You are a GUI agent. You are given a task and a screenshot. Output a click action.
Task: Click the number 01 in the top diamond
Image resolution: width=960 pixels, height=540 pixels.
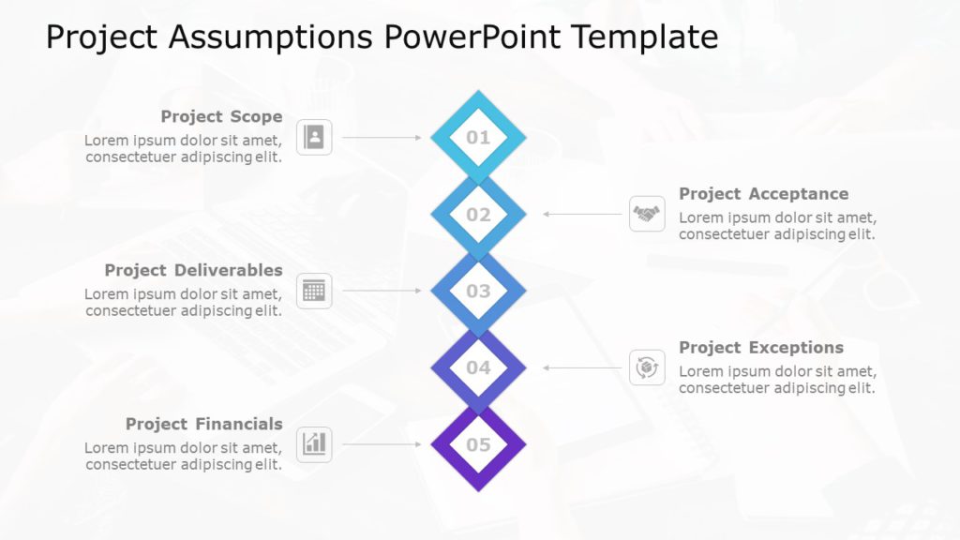click(x=478, y=138)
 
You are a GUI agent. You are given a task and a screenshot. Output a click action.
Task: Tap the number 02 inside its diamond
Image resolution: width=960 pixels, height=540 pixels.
click(x=478, y=215)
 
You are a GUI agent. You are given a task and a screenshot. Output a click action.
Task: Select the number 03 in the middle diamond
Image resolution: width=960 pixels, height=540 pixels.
click(x=478, y=292)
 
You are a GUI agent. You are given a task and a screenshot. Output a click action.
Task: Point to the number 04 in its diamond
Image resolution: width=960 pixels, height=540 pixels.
click(x=478, y=368)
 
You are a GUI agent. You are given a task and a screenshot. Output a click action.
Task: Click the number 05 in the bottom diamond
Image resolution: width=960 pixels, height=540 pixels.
click(x=478, y=445)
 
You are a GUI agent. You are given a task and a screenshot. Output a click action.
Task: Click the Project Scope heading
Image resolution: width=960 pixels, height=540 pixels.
click(x=221, y=117)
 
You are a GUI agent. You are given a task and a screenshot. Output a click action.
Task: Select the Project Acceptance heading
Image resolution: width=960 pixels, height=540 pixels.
click(x=763, y=194)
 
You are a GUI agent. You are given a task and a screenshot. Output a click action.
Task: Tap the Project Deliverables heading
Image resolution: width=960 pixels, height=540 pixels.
click(x=193, y=271)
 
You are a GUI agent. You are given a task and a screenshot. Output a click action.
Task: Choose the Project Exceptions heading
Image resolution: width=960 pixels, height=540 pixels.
click(x=761, y=348)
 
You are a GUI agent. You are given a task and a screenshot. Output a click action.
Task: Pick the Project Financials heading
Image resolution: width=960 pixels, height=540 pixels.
click(x=203, y=425)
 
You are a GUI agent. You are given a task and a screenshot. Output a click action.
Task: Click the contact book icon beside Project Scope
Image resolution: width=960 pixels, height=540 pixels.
click(x=314, y=138)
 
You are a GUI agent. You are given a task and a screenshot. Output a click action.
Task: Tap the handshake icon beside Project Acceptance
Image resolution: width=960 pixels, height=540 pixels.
click(x=646, y=215)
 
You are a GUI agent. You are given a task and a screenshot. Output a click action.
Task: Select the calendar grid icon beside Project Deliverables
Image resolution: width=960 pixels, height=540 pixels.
click(x=314, y=292)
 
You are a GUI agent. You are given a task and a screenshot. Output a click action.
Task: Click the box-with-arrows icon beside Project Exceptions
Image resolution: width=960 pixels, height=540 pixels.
click(x=646, y=368)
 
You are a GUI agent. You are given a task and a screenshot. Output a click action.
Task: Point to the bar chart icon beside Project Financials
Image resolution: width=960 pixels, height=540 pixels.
click(x=314, y=444)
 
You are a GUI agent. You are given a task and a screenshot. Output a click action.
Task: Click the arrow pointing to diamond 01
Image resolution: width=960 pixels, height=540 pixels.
click(x=382, y=138)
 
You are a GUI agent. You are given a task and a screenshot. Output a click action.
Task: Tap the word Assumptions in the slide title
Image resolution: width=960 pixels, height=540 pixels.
click(x=273, y=37)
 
